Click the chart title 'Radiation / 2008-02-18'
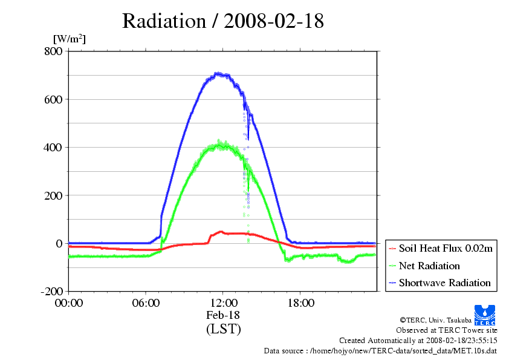click(x=223, y=21)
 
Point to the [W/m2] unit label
click(x=70, y=39)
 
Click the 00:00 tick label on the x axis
click(x=68, y=303)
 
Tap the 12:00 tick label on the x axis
click(x=223, y=303)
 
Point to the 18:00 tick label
click(x=300, y=303)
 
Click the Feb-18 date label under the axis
click(x=223, y=315)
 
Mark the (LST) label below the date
click(x=223, y=329)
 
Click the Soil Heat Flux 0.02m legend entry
click(x=441, y=249)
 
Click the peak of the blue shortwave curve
click(x=219, y=74)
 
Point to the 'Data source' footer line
click(x=380, y=350)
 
